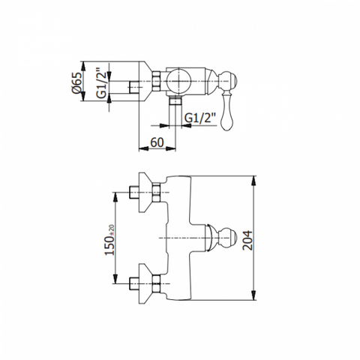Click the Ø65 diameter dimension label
pyautogui.click(x=76, y=82)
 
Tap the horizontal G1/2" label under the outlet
pyautogui.click(x=200, y=118)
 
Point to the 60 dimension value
pyautogui.click(x=157, y=142)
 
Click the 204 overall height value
pyautogui.click(x=247, y=240)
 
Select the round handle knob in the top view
pyautogui.click(x=228, y=82)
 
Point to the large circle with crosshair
pyautogui.click(x=179, y=81)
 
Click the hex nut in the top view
pyautogui.click(x=156, y=81)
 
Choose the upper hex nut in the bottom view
pyautogui.click(x=156, y=192)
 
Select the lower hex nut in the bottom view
pyautogui.click(x=156, y=283)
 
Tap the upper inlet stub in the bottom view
pyautogui.click(x=134, y=192)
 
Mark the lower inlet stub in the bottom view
pyautogui.click(x=134, y=283)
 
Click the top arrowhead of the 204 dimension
pyautogui.click(x=254, y=181)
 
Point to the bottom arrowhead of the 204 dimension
pyautogui.click(x=254, y=295)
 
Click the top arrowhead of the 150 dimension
pyautogui.click(x=115, y=197)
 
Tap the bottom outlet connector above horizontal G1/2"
pyautogui.click(x=175, y=100)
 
